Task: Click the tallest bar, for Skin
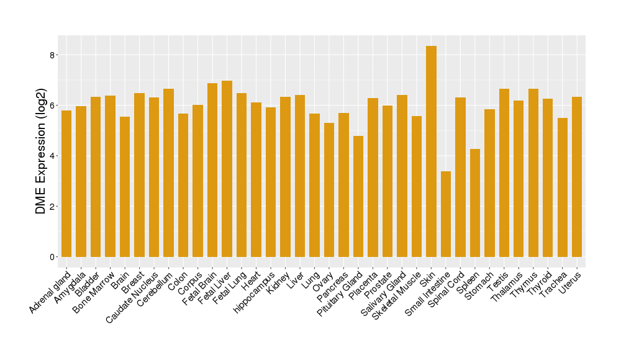431,151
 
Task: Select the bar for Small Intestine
446,214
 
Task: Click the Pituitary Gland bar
358,196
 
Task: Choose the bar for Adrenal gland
66,184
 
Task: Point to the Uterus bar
577,177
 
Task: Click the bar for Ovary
329,190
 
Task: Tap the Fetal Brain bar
212,170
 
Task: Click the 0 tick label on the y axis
53,257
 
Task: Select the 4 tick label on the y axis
53,156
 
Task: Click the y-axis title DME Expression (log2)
41,155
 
